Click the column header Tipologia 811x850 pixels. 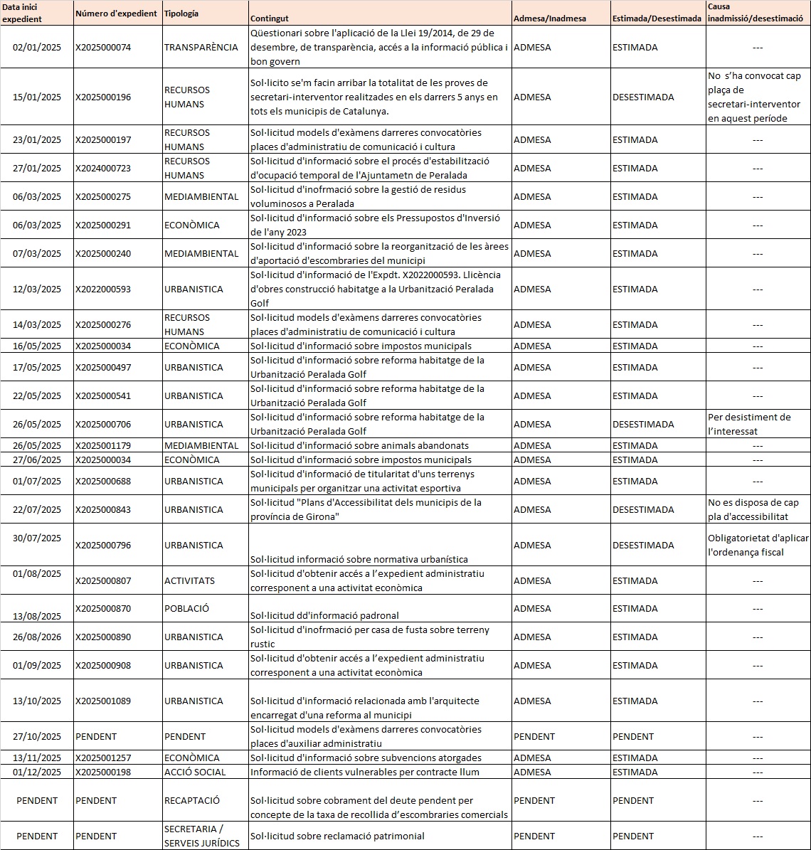pos(181,14)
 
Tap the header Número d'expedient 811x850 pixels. pos(116,14)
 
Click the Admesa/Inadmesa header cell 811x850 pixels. pos(550,18)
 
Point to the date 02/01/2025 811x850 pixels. pos(37,48)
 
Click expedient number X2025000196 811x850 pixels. pos(103,97)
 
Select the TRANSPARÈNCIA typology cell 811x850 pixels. pos(201,48)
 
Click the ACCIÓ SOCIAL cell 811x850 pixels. pos(195,772)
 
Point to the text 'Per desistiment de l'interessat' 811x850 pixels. pos(749,424)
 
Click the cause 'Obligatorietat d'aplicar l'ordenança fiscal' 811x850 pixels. pos(758,545)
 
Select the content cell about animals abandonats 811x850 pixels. pos(359,446)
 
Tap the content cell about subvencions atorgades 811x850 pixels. pos(366,758)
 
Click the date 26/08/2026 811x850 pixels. pos(37,637)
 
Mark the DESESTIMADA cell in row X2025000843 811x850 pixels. pos(643,510)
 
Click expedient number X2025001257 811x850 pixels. pos(103,758)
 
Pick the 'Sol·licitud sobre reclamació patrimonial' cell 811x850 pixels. pos(337,836)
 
